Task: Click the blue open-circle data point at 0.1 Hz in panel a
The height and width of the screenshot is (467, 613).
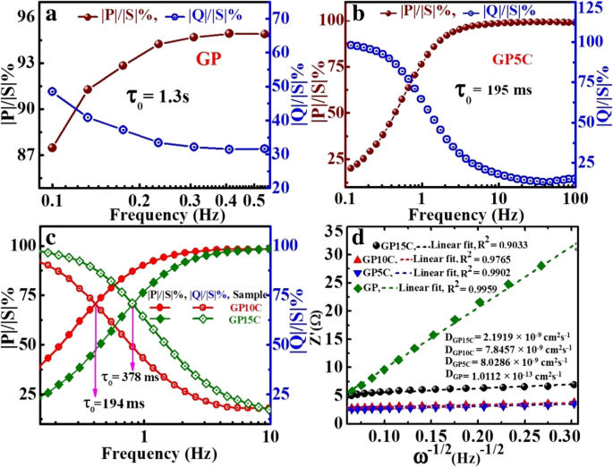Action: click(53, 91)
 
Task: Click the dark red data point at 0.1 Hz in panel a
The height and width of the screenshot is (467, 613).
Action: click(53, 147)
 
